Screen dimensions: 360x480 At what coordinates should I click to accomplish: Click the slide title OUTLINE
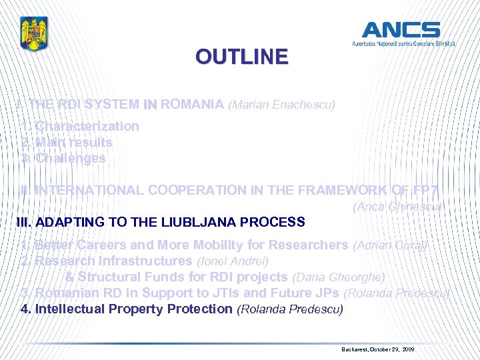coord(242,57)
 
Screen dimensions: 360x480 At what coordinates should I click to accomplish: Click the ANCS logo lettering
coord(401,29)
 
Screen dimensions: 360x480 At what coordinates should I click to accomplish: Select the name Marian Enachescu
coord(281,105)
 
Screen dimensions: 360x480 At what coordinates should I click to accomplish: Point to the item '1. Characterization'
coord(80,126)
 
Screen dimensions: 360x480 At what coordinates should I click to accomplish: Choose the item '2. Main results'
coord(67,142)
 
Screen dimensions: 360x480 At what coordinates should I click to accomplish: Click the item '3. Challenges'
coord(63,158)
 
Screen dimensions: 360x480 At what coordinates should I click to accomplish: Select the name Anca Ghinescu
coord(397,207)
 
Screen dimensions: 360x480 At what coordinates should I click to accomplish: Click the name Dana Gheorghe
coord(339,277)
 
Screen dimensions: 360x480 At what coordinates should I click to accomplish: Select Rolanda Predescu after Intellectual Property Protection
coord(290,309)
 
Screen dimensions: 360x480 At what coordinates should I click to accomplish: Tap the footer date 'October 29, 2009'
coord(391,349)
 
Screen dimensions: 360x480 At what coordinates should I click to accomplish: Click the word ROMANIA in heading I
coord(192,104)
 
